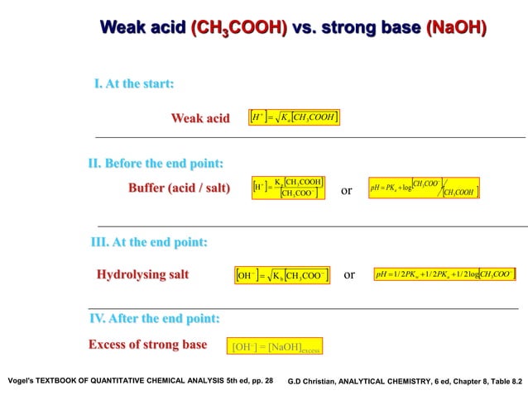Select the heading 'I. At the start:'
tap(133, 84)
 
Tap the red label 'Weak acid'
tap(200, 118)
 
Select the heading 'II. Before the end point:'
tap(156, 163)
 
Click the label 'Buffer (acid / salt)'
tap(179, 188)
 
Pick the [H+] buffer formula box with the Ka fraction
tap(287, 188)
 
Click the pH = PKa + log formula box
tap(424, 189)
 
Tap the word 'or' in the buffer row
tap(347, 191)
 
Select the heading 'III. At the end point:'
tap(149, 242)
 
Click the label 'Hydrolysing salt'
tap(142, 274)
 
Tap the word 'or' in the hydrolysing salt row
tap(349, 274)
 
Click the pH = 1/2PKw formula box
tap(444, 274)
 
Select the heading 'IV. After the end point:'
tap(154, 318)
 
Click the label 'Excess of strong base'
tap(147, 345)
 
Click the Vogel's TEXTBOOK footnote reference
tap(139, 381)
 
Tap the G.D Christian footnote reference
tap(405, 382)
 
